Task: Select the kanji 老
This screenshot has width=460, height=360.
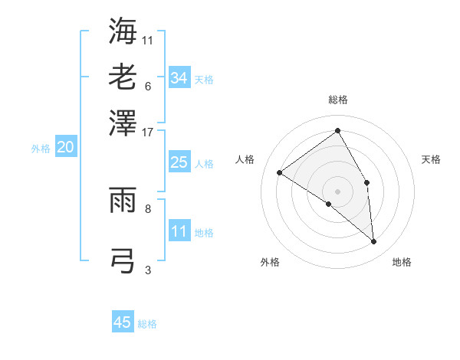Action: tap(123, 77)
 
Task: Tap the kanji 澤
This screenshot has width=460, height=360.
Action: tap(123, 123)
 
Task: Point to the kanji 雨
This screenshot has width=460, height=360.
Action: tap(123, 201)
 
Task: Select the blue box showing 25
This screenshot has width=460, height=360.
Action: tap(179, 162)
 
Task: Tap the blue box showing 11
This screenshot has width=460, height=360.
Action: tap(179, 231)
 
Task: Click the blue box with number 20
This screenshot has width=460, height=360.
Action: tap(65, 148)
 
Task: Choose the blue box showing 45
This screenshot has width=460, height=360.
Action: tap(123, 322)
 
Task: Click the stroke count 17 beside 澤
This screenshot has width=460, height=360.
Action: tap(148, 132)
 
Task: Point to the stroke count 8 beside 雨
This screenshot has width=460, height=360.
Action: tap(148, 208)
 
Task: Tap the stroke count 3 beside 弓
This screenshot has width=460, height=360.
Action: tap(148, 269)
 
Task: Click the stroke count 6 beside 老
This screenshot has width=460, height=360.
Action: tap(148, 86)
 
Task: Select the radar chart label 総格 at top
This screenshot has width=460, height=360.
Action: tap(338, 100)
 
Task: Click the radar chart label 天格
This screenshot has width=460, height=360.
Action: tap(431, 159)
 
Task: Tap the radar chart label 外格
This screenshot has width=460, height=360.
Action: tap(270, 262)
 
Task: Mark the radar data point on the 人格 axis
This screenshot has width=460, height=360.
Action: tap(280, 172)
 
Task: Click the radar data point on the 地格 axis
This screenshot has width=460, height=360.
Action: tap(374, 241)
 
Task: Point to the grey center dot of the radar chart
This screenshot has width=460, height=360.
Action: tap(338, 191)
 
